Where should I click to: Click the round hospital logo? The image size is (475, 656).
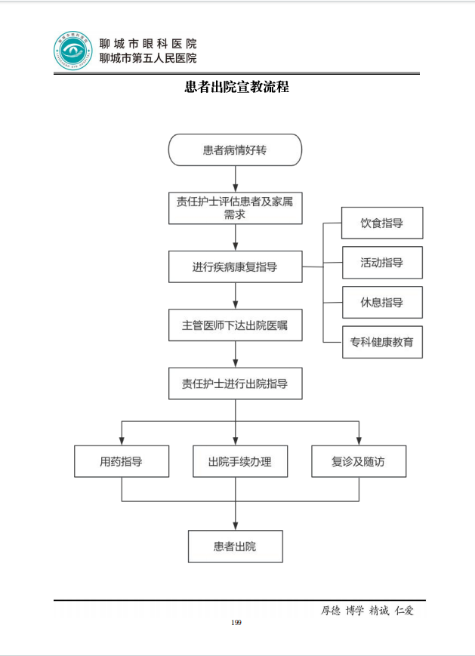click(x=74, y=51)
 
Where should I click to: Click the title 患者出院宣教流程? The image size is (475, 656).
click(x=236, y=87)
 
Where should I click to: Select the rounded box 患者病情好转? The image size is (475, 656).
click(x=235, y=150)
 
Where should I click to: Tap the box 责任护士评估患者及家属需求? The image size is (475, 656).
click(x=235, y=208)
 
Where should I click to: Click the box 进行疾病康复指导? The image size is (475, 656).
click(x=235, y=266)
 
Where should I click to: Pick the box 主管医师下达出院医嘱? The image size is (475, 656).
click(x=235, y=325)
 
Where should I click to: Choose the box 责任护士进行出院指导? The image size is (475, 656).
click(x=235, y=383)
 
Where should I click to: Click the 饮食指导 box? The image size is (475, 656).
click(x=382, y=223)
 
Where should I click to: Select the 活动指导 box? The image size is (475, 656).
click(x=382, y=263)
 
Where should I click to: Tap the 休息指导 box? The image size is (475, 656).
click(x=382, y=302)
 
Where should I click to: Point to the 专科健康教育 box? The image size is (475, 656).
click(x=382, y=342)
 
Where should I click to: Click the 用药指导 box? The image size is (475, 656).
click(x=122, y=461)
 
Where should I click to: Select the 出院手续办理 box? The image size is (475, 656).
click(x=239, y=461)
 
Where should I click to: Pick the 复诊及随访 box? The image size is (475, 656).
click(x=358, y=461)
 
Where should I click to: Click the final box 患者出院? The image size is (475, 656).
click(x=235, y=546)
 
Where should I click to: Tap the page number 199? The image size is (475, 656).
click(x=236, y=622)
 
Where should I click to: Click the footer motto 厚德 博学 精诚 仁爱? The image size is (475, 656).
click(x=368, y=610)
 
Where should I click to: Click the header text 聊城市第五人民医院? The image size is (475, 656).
click(x=148, y=58)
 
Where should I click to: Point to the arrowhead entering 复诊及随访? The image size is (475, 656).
click(x=358, y=441)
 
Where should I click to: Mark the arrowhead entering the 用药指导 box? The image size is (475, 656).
click(x=122, y=441)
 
